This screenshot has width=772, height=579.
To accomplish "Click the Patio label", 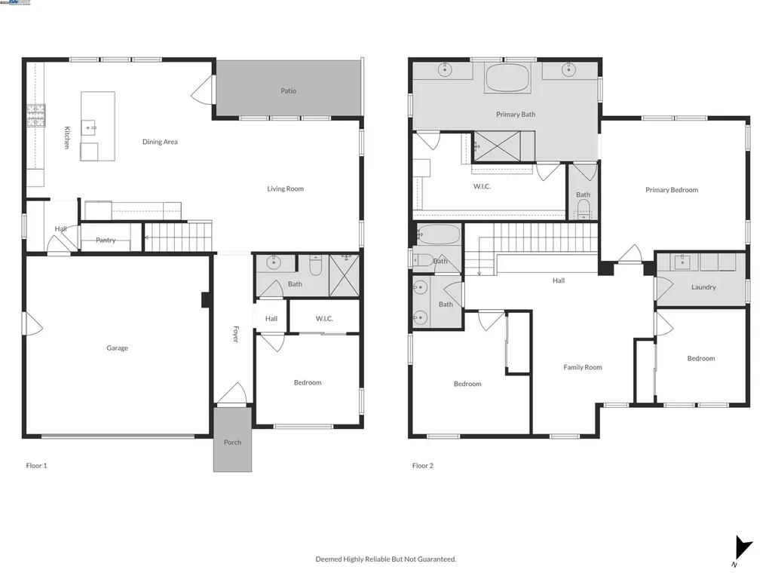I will [x=288, y=91].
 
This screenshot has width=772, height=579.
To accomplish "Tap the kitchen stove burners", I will [x=35, y=115].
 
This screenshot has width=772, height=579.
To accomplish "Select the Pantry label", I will [x=106, y=240].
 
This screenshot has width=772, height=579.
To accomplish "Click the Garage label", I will [x=117, y=348].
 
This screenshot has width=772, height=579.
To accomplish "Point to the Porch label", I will [x=232, y=443].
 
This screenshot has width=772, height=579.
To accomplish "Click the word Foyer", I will [x=235, y=335].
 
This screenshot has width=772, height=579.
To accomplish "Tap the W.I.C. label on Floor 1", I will [x=324, y=319].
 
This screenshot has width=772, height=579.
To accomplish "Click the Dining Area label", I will [x=160, y=142].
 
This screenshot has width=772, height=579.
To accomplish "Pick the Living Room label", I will [x=285, y=188].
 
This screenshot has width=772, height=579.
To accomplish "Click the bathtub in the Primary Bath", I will [x=507, y=78].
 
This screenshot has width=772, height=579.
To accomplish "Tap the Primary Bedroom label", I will [x=671, y=190].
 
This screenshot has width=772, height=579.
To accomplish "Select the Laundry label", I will [x=703, y=287].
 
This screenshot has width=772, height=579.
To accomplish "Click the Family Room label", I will [x=583, y=368].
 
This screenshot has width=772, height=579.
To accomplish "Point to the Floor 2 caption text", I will [x=422, y=466].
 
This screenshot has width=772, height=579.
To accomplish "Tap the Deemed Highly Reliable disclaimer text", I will [x=385, y=559].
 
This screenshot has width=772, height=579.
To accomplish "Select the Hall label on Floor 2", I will [x=558, y=280].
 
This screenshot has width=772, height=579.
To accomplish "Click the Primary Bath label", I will [x=516, y=115].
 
